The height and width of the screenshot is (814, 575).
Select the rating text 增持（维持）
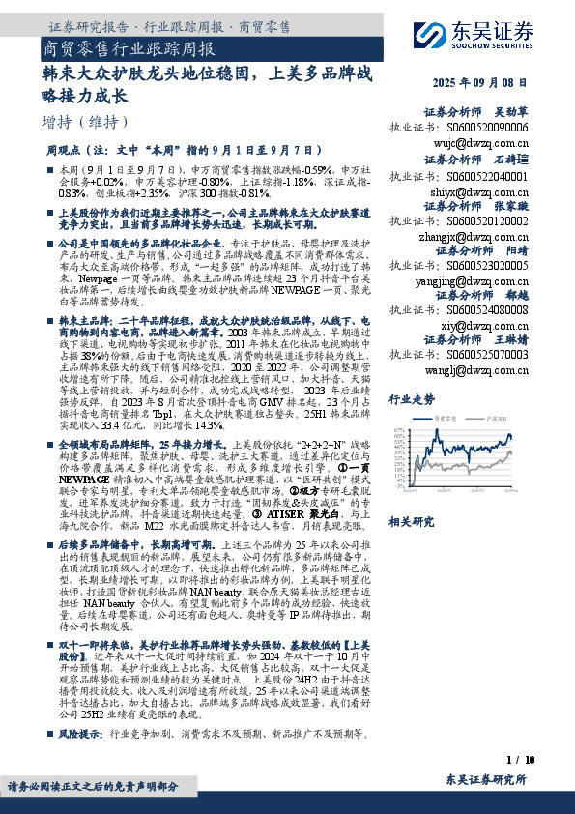pyautogui.click(x=86, y=122)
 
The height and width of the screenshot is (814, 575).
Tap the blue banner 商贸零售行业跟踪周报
pyautogui.click(x=129, y=47)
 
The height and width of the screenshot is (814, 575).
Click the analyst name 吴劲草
pyautogui.click(x=511, y=112)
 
